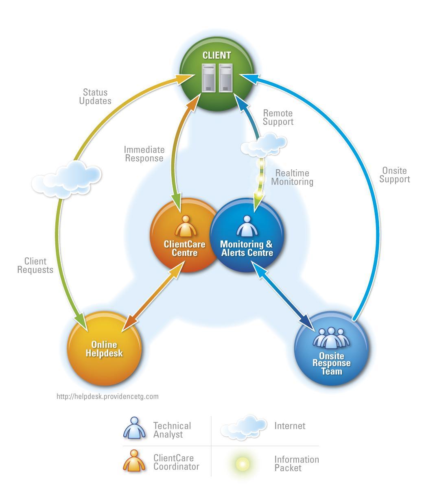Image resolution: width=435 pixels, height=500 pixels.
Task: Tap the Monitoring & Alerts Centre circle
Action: (x=247, y=236)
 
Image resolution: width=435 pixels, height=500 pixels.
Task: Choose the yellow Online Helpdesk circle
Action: (x=104, y=348)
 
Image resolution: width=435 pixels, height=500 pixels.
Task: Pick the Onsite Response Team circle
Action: (x=331, y=348)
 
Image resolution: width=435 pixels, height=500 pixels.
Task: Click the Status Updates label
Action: (x=95, y=97)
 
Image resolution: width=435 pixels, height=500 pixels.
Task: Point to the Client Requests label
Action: (x=35, y=265)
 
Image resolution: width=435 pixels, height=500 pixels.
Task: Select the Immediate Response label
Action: (x=144, y=154)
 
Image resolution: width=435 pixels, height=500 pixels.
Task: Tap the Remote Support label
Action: (x=278, y=117)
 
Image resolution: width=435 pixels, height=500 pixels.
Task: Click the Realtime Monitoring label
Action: (x=292, y=177)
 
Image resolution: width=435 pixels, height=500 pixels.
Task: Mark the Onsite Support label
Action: (x=394, y=175)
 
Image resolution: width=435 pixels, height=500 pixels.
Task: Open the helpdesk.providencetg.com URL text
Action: (x=107, y=396)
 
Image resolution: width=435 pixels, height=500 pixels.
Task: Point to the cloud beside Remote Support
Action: (x=263, y=144)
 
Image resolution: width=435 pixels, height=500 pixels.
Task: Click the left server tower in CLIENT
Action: (x=209, y=78)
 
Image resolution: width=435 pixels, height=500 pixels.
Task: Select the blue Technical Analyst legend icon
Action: (x=134, y=428)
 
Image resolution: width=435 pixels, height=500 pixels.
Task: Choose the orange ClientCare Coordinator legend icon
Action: (x=134, y=461)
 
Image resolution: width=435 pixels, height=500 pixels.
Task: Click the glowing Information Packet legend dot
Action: (x=243, y=463)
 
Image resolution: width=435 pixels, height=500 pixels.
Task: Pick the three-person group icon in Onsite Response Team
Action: (x=331, y=337)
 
